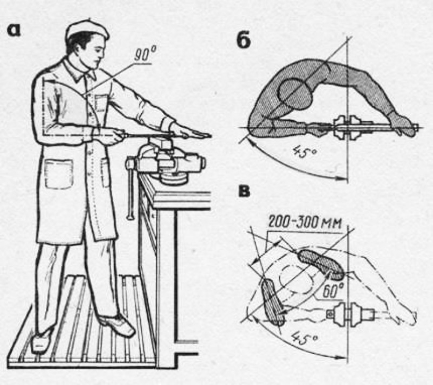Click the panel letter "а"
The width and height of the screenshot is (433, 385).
(x=14, y=30)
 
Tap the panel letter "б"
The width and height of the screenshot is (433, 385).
(x=244, y=41)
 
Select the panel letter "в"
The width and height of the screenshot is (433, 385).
(x=244, y=191)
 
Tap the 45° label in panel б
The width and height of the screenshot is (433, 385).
(x=304, y=152)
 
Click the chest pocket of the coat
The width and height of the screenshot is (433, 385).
(x=101, y=103)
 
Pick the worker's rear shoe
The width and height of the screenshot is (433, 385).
(x=42, y=340)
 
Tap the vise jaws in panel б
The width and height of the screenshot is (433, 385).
(x=347, y=128)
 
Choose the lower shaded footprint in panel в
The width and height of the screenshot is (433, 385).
(x=273, y=302)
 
